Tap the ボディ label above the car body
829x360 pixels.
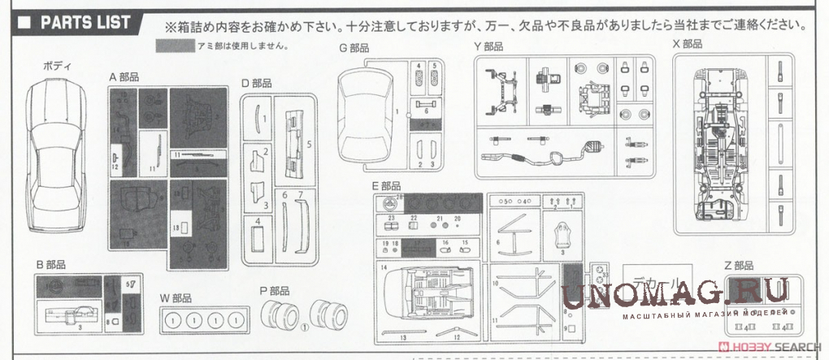pyautogui.click(x=56, y=65)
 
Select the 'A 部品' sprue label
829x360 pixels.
pyautogui.click(x=124, y=76)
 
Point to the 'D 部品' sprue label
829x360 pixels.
pyautogui.click(x=256, y=83)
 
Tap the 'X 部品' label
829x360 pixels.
pyautogui.click(x=687, y=43)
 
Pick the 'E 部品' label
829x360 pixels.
pyautogui.click(x=386, y=186)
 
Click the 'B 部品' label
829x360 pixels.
pyautogui.click(x=50, y=265)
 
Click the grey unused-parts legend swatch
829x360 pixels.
pyautogui.click(x=177, y=46)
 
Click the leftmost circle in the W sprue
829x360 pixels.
pyautogui.click(x=172, y=321)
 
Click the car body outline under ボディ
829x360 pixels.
pyautogui.click(x=56, y=154)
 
